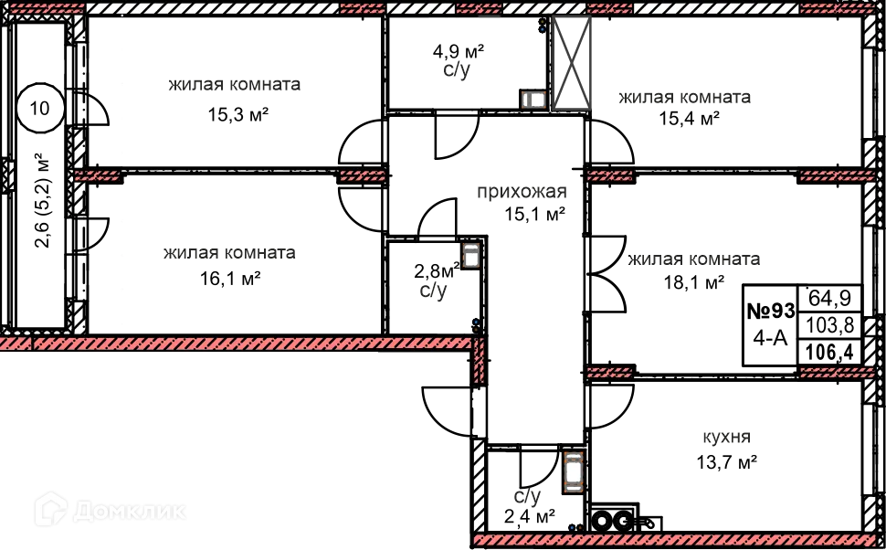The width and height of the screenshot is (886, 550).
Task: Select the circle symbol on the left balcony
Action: pyautogui.click(x=39, y=107)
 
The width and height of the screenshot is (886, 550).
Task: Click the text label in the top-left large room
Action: pyautogui.click(x=237, y=97)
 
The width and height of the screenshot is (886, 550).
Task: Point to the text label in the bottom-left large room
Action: pyautogui.click(x=229, y=265)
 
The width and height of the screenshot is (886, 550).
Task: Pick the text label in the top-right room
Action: pyautogui.click(x=683, y=108)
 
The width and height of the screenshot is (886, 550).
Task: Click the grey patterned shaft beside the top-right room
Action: pyautogui.click(x=570, y=64)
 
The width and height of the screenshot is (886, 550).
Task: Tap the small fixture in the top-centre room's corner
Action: pyautogui.click(x=533, y=99)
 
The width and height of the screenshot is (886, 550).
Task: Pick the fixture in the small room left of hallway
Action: pyautogui.click(x=470, y=255)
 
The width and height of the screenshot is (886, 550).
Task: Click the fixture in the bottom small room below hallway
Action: pyautogui.click(x=573, y=471)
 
